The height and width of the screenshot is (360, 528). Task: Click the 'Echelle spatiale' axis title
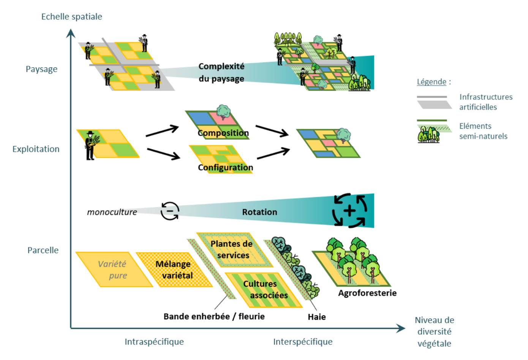coord(71,17)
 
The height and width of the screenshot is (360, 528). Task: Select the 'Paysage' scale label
coord(42,69)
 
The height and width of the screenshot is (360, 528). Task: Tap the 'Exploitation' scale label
coord(36,149)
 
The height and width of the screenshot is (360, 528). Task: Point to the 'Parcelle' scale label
coord(43,250)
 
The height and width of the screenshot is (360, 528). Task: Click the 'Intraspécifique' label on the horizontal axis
coord(154,342)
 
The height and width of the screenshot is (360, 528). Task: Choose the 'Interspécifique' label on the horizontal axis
coord(303,342)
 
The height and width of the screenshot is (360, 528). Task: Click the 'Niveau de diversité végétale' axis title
coord(434,331)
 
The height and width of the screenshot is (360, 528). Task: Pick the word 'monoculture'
coord(112,212)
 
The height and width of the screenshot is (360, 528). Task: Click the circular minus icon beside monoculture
coord(169,211)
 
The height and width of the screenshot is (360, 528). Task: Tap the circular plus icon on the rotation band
coord(349,211)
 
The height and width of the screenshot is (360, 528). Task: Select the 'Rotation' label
coord(259,212)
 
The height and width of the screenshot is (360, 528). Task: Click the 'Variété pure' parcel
coord(113,270)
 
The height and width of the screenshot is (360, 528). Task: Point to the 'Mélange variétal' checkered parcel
coord(174,270)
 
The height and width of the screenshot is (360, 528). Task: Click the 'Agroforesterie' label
coord(367,293)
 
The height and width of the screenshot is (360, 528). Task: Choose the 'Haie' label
coord(316,317)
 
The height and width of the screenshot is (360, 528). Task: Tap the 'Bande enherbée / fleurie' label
coord(214,316)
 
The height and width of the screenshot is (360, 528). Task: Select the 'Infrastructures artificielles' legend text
coord(485,102)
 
